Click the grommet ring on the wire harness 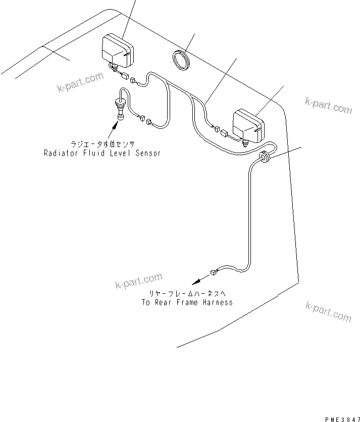264,157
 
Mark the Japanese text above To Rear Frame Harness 186,294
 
